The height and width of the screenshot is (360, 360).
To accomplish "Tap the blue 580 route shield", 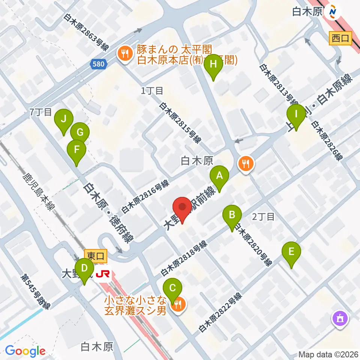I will [x=98, y=64].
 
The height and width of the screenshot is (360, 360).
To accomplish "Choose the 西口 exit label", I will [x=340, y=37].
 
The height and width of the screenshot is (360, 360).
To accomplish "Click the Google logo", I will [x=25, y=351].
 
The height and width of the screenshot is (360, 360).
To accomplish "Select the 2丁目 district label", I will [x=264, y=216].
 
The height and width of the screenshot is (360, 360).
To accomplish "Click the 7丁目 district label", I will [x=40, y=112].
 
